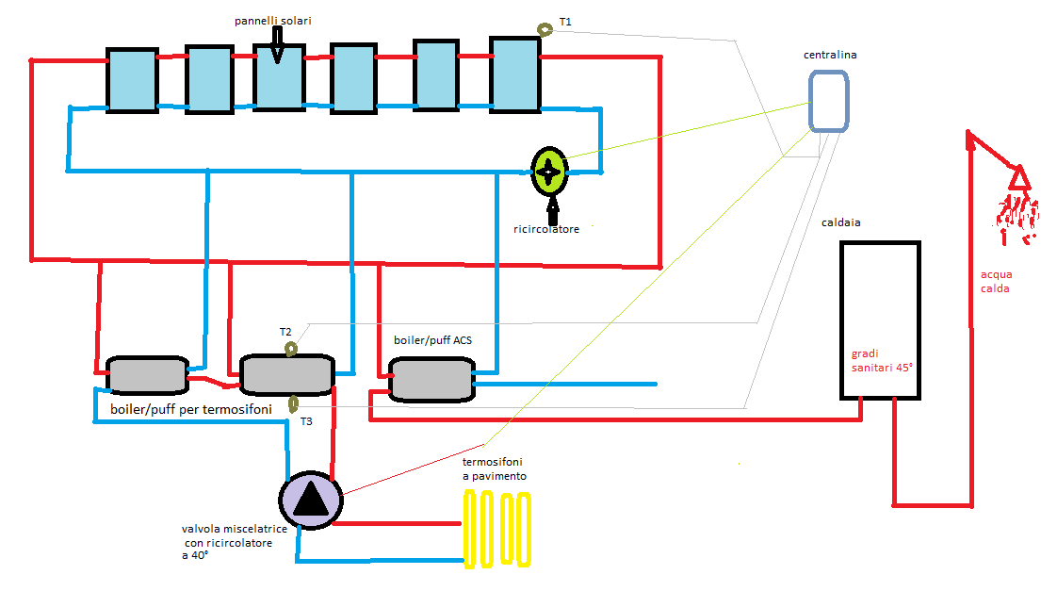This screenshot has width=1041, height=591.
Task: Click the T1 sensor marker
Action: pyautogui.click(x=545, y=29)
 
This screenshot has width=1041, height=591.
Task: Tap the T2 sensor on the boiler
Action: pyautogui.click(x=291, y=350)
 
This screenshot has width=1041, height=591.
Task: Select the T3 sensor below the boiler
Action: pyautogui.click(x=293, y=404)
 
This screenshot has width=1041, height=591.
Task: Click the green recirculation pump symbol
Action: pyautogui.click(x=549, y=171)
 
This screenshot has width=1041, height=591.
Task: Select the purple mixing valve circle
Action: pyautogui.click(x=311, y=499)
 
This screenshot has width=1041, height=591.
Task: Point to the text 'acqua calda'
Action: pyautogui.click(x=995, y=282)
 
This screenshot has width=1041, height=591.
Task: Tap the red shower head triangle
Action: pyautogui.click(x=1018, y=177)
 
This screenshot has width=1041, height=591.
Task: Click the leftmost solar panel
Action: pyautogui.click(x=131, y=80)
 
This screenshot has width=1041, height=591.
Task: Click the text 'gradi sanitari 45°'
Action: pyautogui.click(x=882, y=360)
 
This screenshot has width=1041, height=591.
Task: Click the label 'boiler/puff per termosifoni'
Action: pyautogui.click(x=190, y=410)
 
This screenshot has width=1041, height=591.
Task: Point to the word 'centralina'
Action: pyautogui.click(x=830, y=56)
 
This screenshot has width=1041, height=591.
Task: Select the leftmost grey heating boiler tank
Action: pyautogui.click(x=147, y=375)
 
